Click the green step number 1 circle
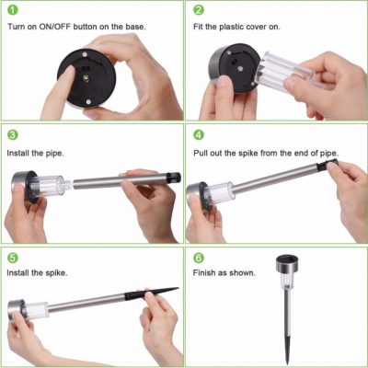13,12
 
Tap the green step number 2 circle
199,12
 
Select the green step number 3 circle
13,134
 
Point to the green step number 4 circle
199,134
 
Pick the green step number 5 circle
13,258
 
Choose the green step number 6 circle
199,258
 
